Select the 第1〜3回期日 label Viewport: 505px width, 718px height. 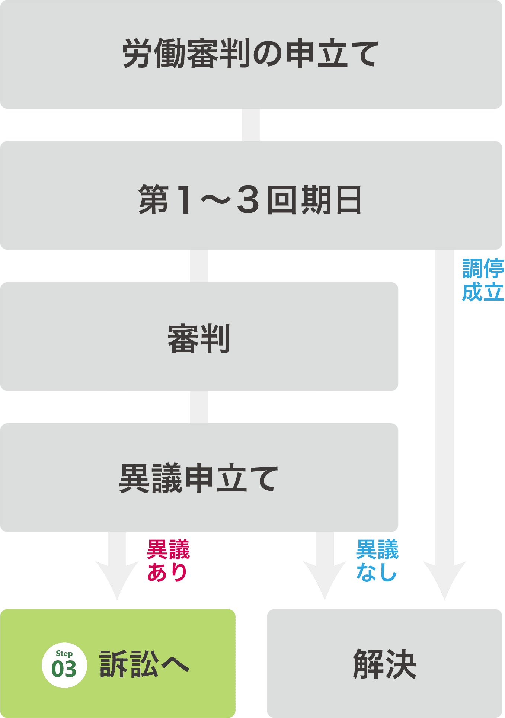[250, 200]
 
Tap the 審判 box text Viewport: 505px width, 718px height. [199, 339]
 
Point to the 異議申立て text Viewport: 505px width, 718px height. [199, 478]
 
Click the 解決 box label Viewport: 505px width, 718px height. [384, 664]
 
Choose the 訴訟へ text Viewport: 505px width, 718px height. [144, 664]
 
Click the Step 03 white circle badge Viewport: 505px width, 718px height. [64, 665]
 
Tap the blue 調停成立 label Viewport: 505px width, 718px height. [483, 280]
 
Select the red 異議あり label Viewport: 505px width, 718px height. [168, 560]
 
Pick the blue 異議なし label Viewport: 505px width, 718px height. [377, 560]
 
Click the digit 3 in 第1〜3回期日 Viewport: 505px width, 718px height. [248, 200]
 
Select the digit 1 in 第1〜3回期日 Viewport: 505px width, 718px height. [185, 200]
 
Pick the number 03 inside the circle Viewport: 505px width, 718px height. [64, 669]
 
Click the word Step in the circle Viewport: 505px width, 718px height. [64, 654]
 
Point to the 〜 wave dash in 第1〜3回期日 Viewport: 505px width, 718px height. [216, 200]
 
